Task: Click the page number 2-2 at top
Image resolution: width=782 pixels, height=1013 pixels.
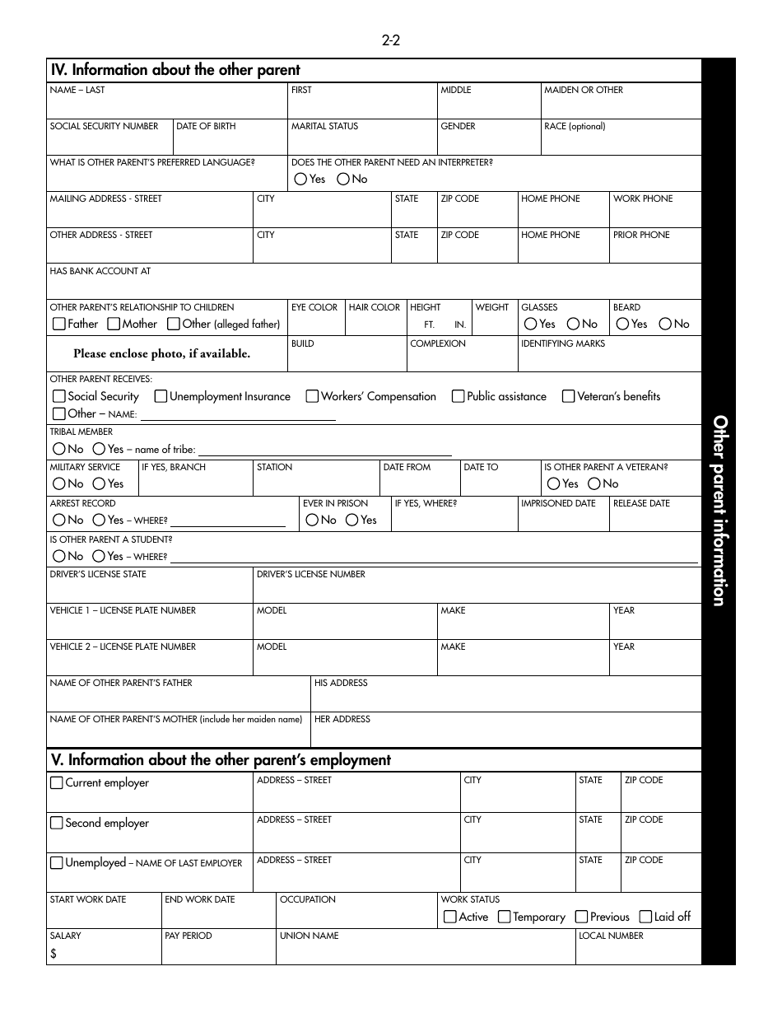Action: point(390,40)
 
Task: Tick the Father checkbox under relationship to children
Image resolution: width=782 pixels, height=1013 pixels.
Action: point(59,324)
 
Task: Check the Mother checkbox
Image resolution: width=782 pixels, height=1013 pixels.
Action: point(114,324)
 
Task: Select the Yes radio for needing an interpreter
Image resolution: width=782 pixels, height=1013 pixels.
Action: point(300,179)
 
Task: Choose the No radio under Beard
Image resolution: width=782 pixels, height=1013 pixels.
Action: point(665,324)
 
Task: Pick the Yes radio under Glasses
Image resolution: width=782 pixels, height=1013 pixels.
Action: point(531,324)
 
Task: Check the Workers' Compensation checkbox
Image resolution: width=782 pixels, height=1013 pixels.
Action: point(312,396)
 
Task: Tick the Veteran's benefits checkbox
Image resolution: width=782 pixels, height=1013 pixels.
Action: point(569,396)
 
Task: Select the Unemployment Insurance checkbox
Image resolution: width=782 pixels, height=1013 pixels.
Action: point(161,396)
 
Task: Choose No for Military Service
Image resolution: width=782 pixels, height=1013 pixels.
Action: point(59,483)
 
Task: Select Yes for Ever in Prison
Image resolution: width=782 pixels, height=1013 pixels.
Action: point(352,520)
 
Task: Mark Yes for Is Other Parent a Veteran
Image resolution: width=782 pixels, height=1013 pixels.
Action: point(554,483)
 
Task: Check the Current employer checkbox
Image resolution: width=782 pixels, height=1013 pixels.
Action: point(57,782)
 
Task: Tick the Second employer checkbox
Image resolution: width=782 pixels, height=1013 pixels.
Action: point(57,823)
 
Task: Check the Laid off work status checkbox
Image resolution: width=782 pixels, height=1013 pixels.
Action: point(645,917)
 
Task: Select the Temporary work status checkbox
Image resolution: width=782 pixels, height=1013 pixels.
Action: point(504,917)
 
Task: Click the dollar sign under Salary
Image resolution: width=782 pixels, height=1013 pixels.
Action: point(54,954)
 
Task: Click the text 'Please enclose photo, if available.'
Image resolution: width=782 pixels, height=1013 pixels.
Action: point(161,353)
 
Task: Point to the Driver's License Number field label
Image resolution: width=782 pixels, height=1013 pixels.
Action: point(311,574)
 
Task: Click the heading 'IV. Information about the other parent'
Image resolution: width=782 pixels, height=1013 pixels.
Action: point(175,70)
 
